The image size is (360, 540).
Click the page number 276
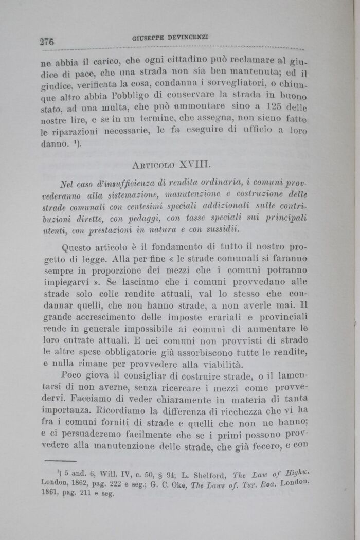46,41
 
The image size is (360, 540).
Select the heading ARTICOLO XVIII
170,166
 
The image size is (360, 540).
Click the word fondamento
175,247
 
